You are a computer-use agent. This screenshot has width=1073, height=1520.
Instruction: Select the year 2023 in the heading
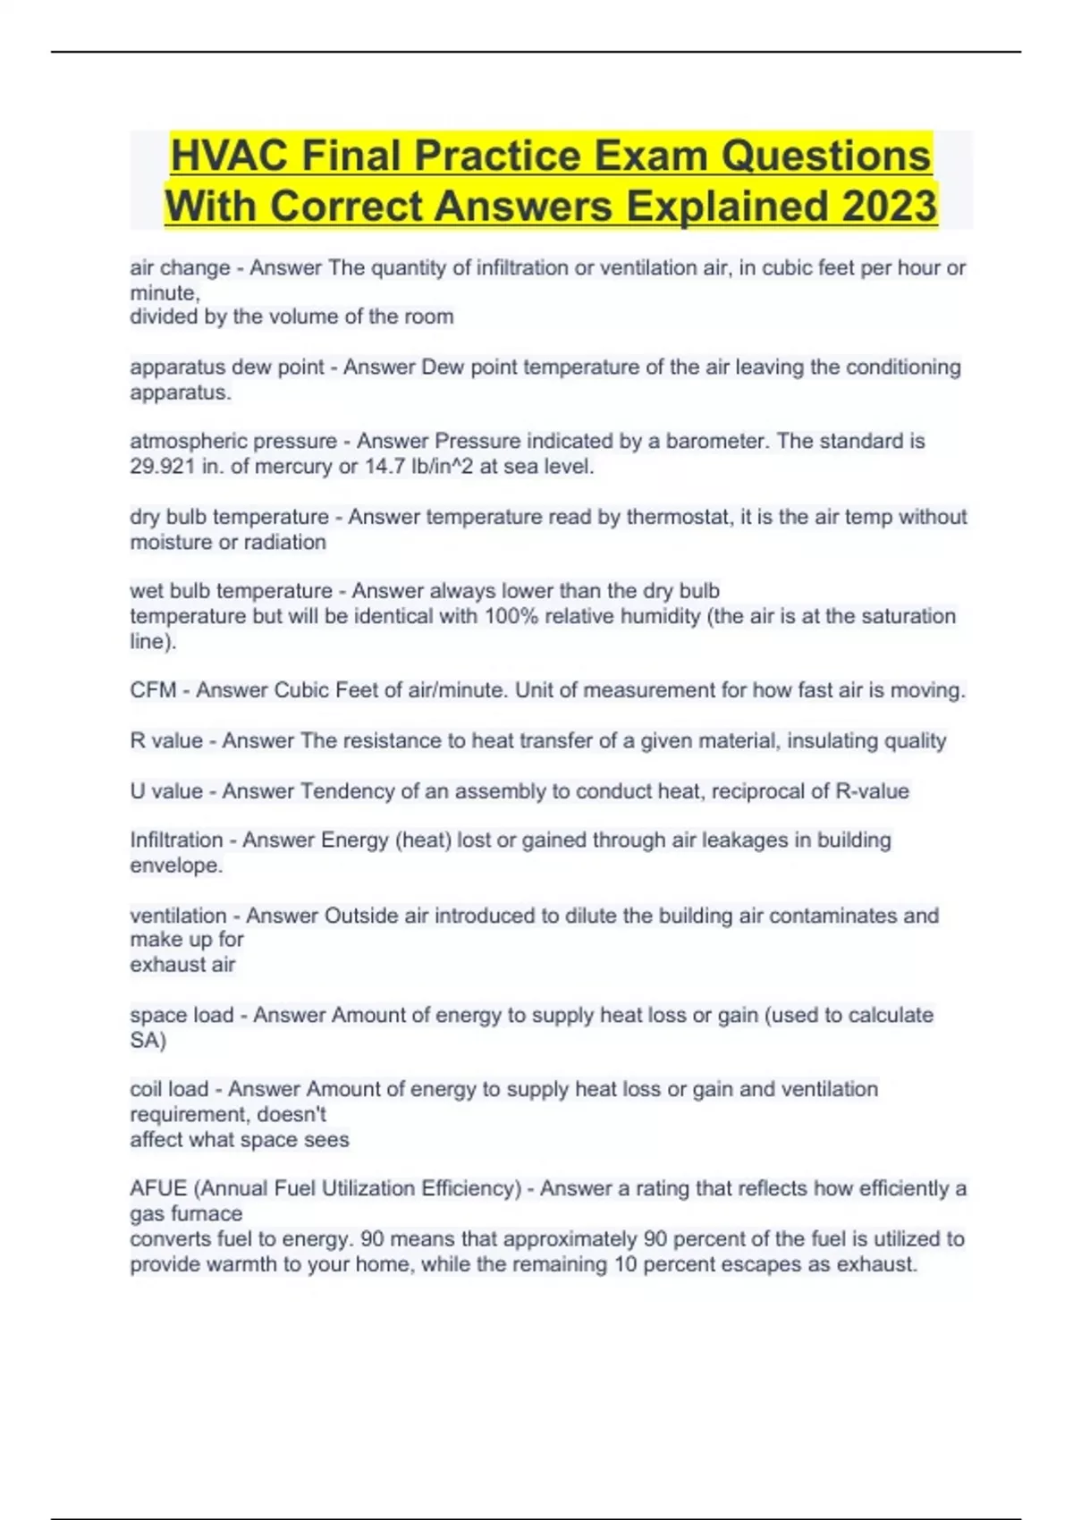pos(889,207)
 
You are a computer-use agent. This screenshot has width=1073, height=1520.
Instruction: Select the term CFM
pos(152,691)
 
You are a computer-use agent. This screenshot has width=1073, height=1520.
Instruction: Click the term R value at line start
pos(166,741)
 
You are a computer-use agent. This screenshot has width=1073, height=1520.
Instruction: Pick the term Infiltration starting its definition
pos(176,840)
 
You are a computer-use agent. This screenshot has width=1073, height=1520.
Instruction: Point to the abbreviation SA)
pos(148,1041)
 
